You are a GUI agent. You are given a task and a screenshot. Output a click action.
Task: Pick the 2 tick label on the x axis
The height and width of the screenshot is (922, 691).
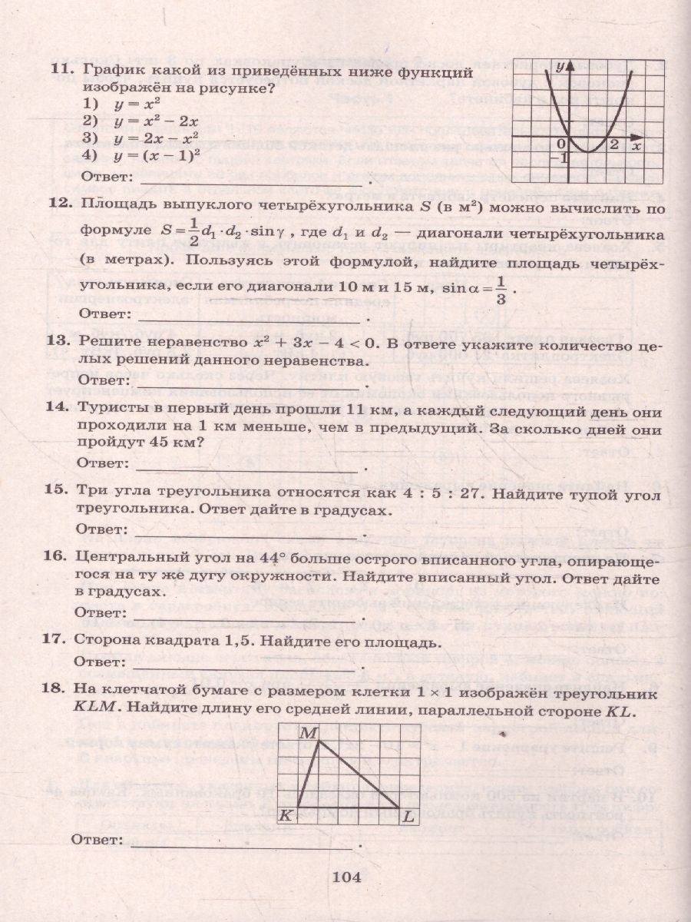click(x=613, y=144)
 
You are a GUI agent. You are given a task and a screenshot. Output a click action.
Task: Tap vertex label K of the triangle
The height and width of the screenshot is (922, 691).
click(x=285, y=815)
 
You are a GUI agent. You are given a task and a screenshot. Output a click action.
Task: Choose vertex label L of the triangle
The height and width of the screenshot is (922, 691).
click(x=408, y=815)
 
